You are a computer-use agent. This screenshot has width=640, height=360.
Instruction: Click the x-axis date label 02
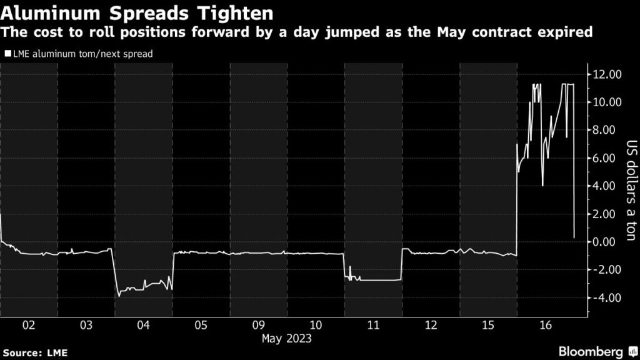(x=29, y=325)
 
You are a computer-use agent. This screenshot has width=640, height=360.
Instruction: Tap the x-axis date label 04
(x=143, y=325)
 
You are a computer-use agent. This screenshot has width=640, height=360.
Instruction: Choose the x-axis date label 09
(x=258, y=325)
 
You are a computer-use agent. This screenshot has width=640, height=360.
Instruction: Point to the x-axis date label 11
(x=372, y=325)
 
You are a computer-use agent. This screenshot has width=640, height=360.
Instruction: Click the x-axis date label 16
(x=544, y=325)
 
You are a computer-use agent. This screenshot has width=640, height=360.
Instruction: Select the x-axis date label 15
(x=487, y=325)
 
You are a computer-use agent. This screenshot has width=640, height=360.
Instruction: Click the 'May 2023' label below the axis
(x=286, y=339)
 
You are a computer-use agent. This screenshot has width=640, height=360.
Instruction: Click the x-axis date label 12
(x=430, y=325)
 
